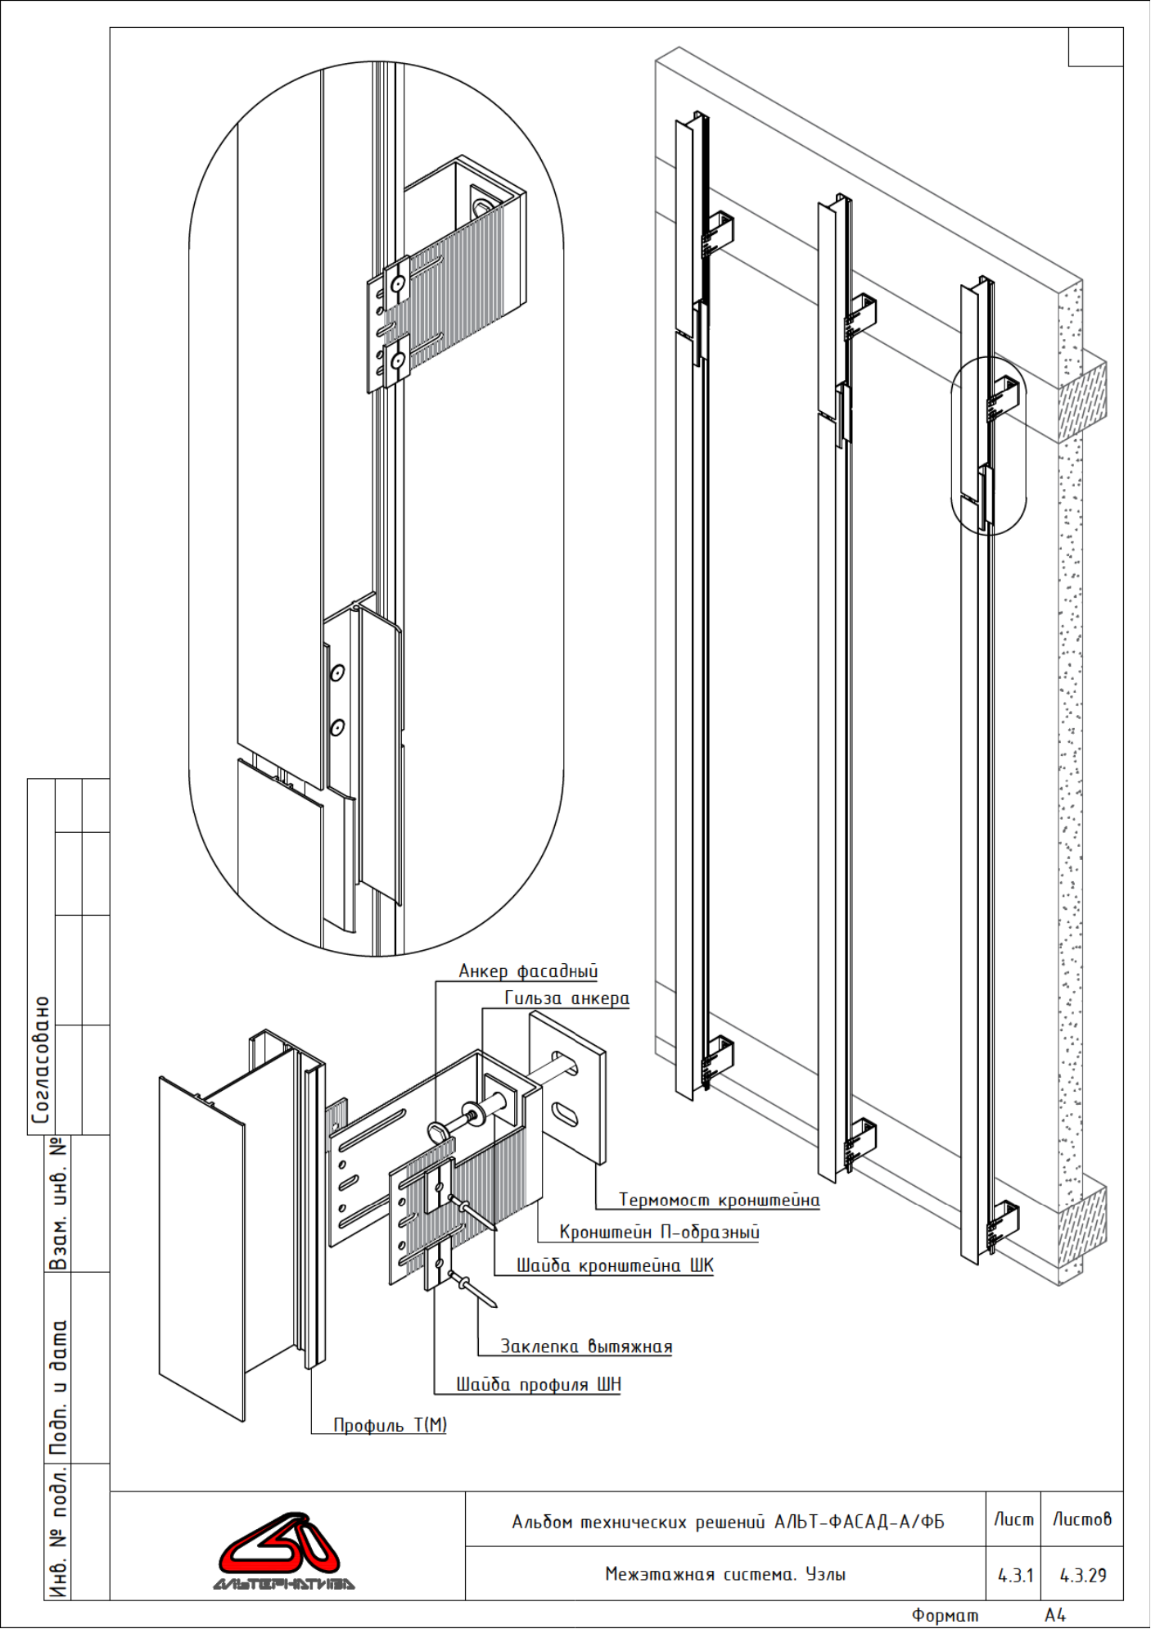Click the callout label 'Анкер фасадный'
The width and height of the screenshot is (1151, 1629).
tap(528, 971)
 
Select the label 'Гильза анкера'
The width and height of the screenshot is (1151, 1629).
tap(566, 998)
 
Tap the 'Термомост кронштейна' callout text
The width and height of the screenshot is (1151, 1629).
tap(719, 1200)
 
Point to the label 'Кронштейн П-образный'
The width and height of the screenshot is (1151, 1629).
tap(659, 1232)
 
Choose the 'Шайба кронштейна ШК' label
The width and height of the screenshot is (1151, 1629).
tap(615, 1265)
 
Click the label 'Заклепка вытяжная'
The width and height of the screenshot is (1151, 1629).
tap(586, 1346)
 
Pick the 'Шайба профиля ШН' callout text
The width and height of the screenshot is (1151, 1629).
tap(539, 1384)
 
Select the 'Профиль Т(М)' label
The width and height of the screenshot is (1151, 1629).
tap(390, 1425)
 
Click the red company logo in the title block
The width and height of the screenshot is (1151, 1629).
tap(282, 1551)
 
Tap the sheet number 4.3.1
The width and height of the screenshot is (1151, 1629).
tap(1015, 1575)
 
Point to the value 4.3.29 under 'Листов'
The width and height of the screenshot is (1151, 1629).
tap(1083, 1575)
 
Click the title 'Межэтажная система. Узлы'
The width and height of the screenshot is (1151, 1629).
tap(725, 1573)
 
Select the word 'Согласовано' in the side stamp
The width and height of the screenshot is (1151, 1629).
tap(41, 1060)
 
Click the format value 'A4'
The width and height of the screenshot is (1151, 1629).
tap(1055, 1614)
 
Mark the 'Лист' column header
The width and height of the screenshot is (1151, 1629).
tap(1013, 1519)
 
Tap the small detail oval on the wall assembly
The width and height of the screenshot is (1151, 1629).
tap(988, 446)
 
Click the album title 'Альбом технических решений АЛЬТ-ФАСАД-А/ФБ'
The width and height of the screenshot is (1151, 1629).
tap(728, 1522)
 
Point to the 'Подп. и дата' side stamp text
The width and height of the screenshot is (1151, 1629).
tap(58, 1387)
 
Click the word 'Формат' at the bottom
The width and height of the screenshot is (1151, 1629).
tap(945, 1615)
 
